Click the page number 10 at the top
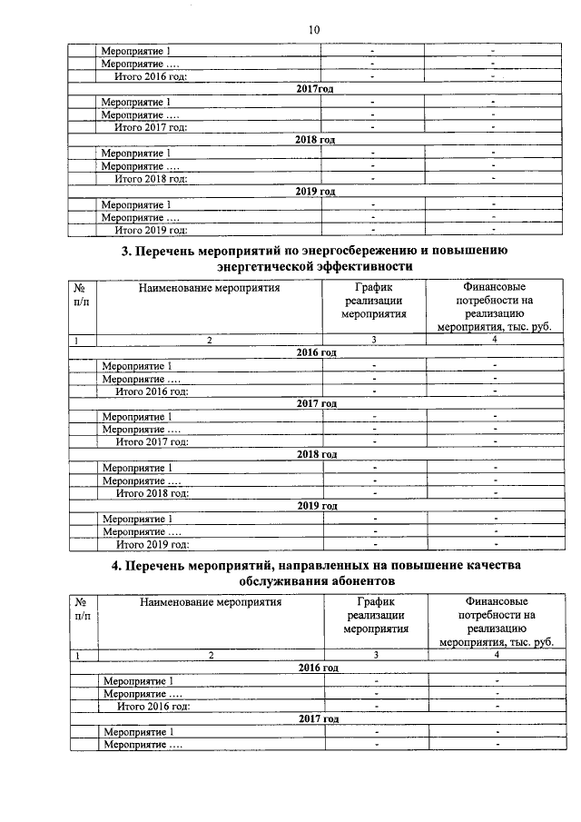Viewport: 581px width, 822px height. click(x=314, y=30)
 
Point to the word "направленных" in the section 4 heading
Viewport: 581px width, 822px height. click(x=306, y=564)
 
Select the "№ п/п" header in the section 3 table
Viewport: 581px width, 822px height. click(x=80, y=294)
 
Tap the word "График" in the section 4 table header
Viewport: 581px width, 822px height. click(x=376, y=601)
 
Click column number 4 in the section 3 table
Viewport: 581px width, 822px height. click(x=495, y=340)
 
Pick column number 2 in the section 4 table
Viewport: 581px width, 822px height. click(x=211, y=654)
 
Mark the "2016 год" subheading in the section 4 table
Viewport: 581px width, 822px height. click(x=319, y=668)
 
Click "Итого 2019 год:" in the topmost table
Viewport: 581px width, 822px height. click(x=151, y=231)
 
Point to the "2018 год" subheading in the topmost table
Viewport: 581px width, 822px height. click(x=316, y=140)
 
